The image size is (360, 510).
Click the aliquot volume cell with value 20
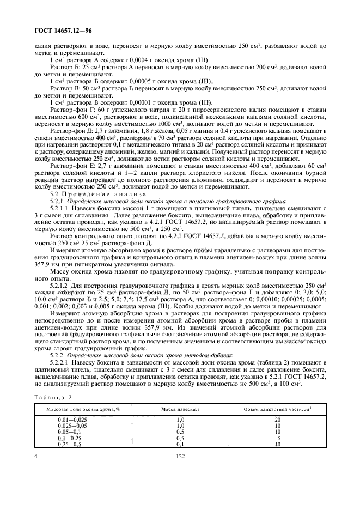pos(278,420)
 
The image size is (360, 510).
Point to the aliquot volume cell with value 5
pos(279,438)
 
